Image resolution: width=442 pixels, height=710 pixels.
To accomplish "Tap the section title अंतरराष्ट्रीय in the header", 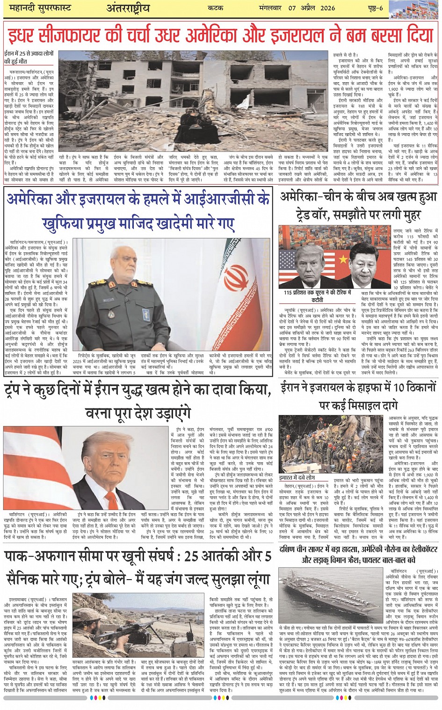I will tap(129, 8).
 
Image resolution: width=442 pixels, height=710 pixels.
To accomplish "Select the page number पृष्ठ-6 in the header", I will tap(374, 8).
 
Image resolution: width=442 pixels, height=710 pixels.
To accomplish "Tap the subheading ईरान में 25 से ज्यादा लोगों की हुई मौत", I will tap(29, 57).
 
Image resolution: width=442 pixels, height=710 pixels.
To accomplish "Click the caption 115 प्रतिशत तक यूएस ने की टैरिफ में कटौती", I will tap(317, 296).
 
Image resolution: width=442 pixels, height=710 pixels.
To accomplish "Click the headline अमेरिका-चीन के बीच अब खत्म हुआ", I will tap(358, 198).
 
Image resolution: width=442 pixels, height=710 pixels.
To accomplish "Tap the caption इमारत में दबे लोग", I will tap(297, 478).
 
